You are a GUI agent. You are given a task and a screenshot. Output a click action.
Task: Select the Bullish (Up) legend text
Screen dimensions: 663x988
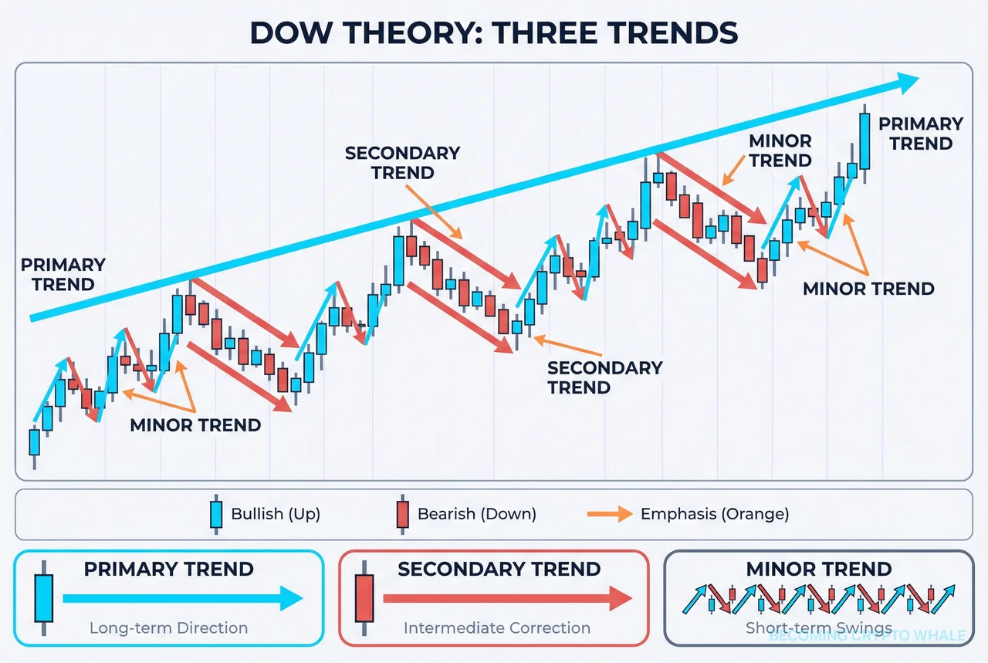[x=276, y=514]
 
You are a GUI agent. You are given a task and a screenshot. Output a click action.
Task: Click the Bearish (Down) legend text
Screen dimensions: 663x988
[x=476, y=514]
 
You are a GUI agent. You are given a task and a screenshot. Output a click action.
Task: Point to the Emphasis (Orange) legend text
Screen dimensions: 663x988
[x=714, y=514]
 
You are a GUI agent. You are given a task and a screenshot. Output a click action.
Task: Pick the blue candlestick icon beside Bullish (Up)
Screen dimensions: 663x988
[x=216, y=514]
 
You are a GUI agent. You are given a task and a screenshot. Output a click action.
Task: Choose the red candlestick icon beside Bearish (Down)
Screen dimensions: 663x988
[x=402, y=514]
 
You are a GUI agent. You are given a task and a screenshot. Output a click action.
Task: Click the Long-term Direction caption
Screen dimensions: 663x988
[x=168, y=628]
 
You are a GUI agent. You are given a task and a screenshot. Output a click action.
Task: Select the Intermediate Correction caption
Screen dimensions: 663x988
[x=497, y=628]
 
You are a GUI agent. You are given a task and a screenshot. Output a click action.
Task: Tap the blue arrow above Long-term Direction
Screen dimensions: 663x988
[x=181, y=597]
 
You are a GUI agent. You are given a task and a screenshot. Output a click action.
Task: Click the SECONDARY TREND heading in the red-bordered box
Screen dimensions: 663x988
[x=499, y=570]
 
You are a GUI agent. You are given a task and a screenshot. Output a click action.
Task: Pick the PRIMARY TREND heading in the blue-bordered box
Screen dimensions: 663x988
[x=168, y=570]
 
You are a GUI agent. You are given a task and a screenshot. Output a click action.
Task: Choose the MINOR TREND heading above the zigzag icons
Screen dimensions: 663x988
[x=818, y=570]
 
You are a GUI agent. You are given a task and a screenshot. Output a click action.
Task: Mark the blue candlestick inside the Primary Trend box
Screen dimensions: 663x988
[x=43, y=597]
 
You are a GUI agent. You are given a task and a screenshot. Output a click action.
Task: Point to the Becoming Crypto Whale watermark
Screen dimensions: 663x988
[x=867, y=636]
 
